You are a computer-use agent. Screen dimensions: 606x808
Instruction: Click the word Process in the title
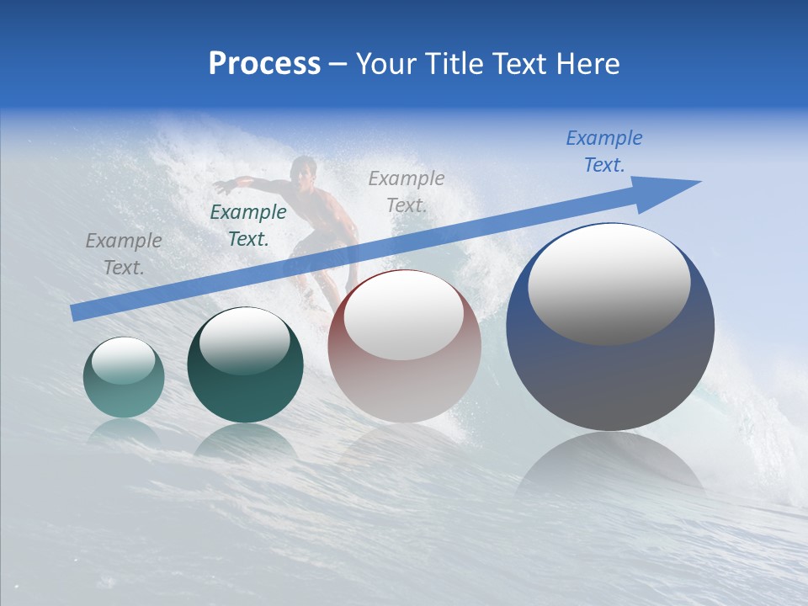(x=264, y=64)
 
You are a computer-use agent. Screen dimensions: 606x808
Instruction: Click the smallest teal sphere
(x=124, y=378)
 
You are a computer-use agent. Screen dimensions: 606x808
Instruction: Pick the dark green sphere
(x=245, y=365)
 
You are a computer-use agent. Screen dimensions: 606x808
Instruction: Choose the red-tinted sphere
(x=405, y=346)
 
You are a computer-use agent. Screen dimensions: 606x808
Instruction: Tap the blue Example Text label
(x=603, y=151)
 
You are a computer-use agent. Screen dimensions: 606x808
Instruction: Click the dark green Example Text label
(x=247, y=226)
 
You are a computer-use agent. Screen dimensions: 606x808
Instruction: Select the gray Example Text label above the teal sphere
(x=124, y=254)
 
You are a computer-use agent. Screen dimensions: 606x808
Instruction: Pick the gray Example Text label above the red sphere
(x=407, y=191)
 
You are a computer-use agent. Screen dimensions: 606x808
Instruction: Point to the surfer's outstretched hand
(x=219, y=186)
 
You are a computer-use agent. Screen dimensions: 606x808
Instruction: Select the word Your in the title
(x=386, y=64)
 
